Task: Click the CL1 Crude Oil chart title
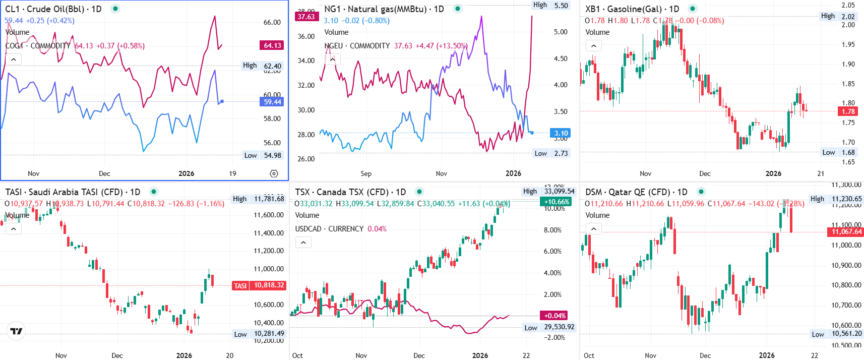53,9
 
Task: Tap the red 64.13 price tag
272,45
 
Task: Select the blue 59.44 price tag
272,102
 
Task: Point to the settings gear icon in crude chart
274,173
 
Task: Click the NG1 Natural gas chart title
384,9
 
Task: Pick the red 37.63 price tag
306,17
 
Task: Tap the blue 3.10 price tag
561,133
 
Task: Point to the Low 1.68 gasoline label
839,152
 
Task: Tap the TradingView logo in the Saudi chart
16,331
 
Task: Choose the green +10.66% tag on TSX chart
557,202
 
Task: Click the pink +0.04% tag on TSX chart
554,316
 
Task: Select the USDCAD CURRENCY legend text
329,229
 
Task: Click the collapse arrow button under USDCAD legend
303,243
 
